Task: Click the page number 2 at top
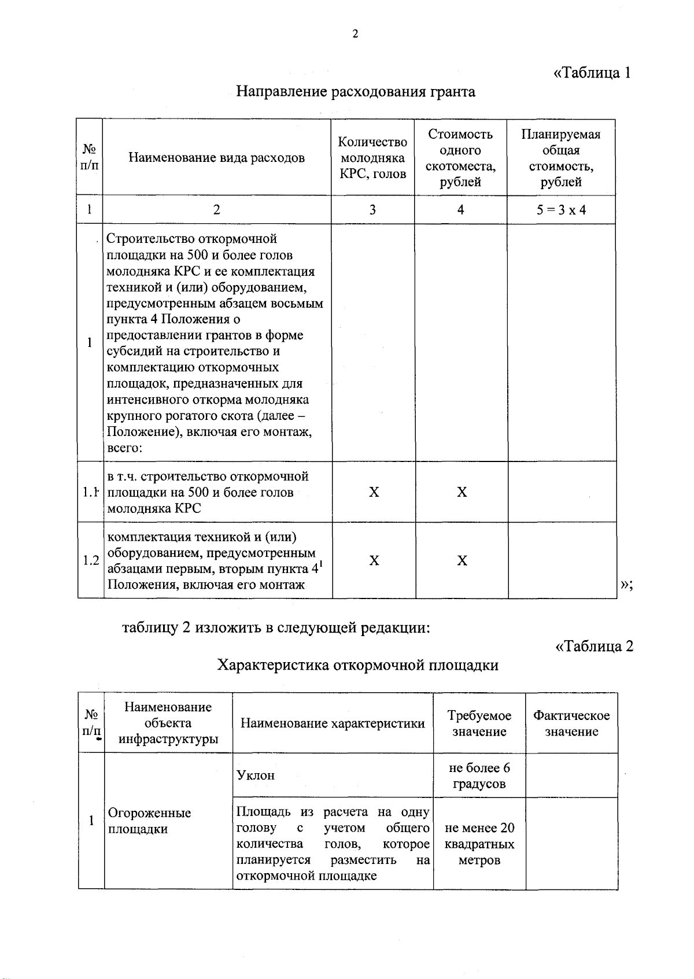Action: [x=355, y=34]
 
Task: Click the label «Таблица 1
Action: [x=591, y=73]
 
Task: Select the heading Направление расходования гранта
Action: [x=356, y=91]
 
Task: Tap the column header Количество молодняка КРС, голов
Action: [x=372, y=158]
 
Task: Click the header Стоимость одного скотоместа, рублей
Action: [x=460, y=158]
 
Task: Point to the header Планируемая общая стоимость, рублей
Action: [x=560, y=158]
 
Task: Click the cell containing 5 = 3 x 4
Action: [x=560, y=210]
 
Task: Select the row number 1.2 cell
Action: [x=90, y=560]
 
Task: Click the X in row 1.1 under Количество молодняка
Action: [x=374, y=492]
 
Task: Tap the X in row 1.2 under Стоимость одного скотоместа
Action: [x=462, y=560]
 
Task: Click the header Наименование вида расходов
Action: [x=216, y=158]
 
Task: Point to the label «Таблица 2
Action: [x=594, y=646]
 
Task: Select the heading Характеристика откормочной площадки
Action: [x=357, y=665]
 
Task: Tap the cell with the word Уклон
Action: [x=256, y=775]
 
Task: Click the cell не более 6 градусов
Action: [x=479, y=775]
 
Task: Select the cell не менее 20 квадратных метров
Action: [x=479, y=844]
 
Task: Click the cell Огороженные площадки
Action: [x=149, y=821]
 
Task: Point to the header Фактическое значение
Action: [x=571, y=723]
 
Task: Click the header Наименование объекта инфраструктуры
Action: [x=168, y=723]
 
